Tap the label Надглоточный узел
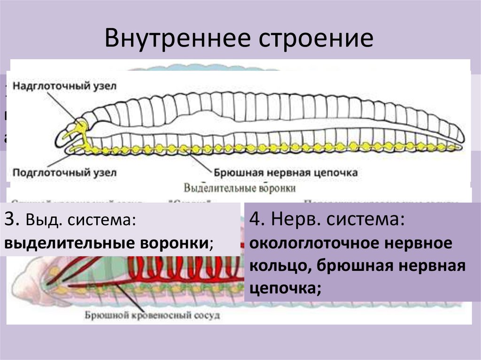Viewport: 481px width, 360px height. [x=64, y=86]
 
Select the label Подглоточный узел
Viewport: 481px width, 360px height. [x=64, y=172]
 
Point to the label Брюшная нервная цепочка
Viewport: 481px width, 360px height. [x=286, y=172]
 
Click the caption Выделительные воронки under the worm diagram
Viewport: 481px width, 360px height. [x=240, y=189]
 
